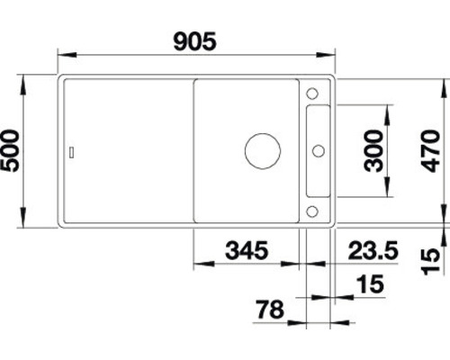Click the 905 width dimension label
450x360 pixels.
click(194, 41)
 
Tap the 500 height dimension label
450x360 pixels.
click(10, 151)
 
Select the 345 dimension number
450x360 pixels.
click(247, 250)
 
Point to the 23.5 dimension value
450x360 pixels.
click(373, 250)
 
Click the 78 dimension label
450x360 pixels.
click(270, 310)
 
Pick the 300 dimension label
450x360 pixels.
click(373, 151)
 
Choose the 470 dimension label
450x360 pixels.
click(430, 151)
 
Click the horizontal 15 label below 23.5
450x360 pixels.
click(371, 283)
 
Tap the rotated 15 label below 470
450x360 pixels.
click(430, 262)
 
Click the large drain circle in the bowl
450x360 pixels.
click(263, 151)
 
